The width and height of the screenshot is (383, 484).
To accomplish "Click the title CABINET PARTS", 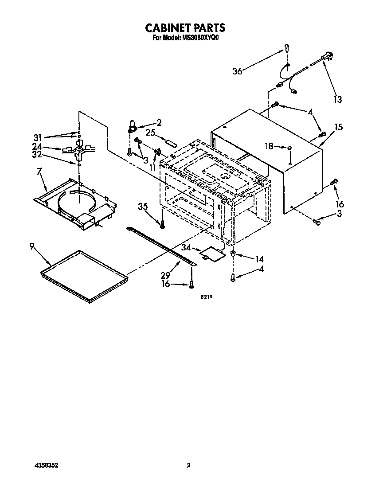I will click(x=185, y=28).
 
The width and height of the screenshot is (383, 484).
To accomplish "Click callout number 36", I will click(x=238, y=71).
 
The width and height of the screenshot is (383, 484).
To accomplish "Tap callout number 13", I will click(x=338, y=100).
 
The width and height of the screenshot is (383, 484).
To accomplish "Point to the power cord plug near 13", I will click(x=327, y=56).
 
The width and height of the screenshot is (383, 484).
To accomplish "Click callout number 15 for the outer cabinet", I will click(x=339, y=127).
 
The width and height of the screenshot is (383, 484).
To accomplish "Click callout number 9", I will click(x=32, y=246).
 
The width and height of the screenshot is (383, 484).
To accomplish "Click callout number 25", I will click(x=150, y=132).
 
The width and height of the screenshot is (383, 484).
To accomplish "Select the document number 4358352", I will click(x=46, y=466).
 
